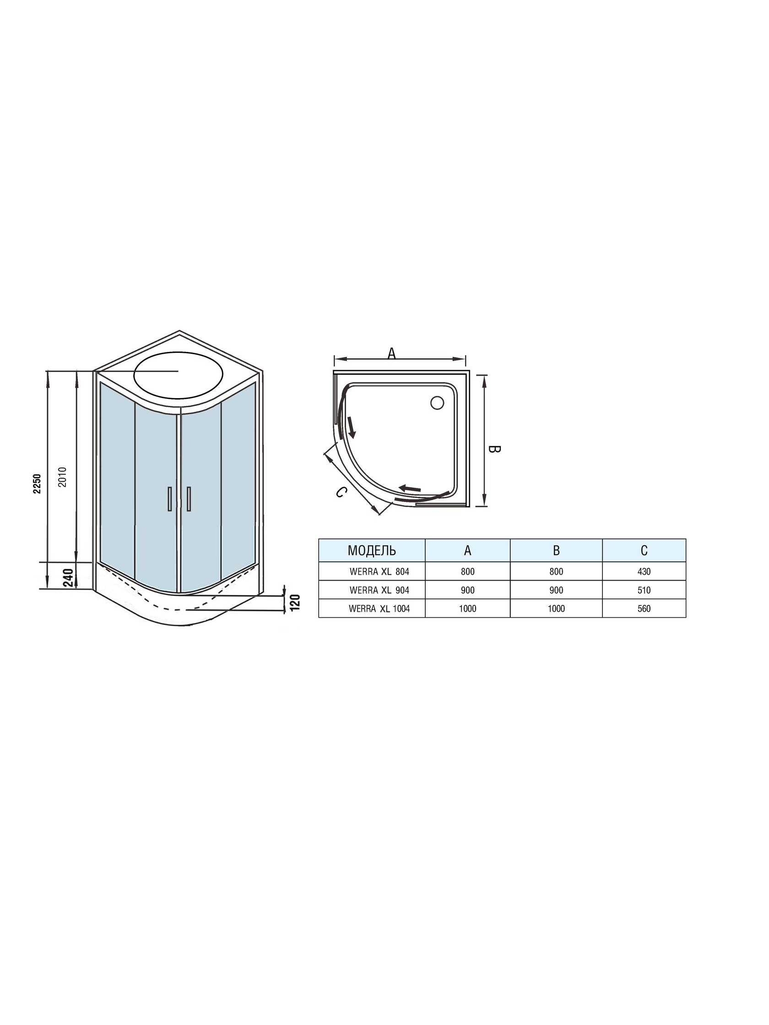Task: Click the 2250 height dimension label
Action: tap(38, 483)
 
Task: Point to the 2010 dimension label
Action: tap(64, 476)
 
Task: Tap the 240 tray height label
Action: tap(68, 578)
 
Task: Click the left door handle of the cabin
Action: tap(170, 499)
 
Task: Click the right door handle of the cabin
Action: tap(189, 499)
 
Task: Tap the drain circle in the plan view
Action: tap(437, 402)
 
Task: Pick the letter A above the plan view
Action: tap(392, 354)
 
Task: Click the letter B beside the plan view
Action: tap(495, 448)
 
